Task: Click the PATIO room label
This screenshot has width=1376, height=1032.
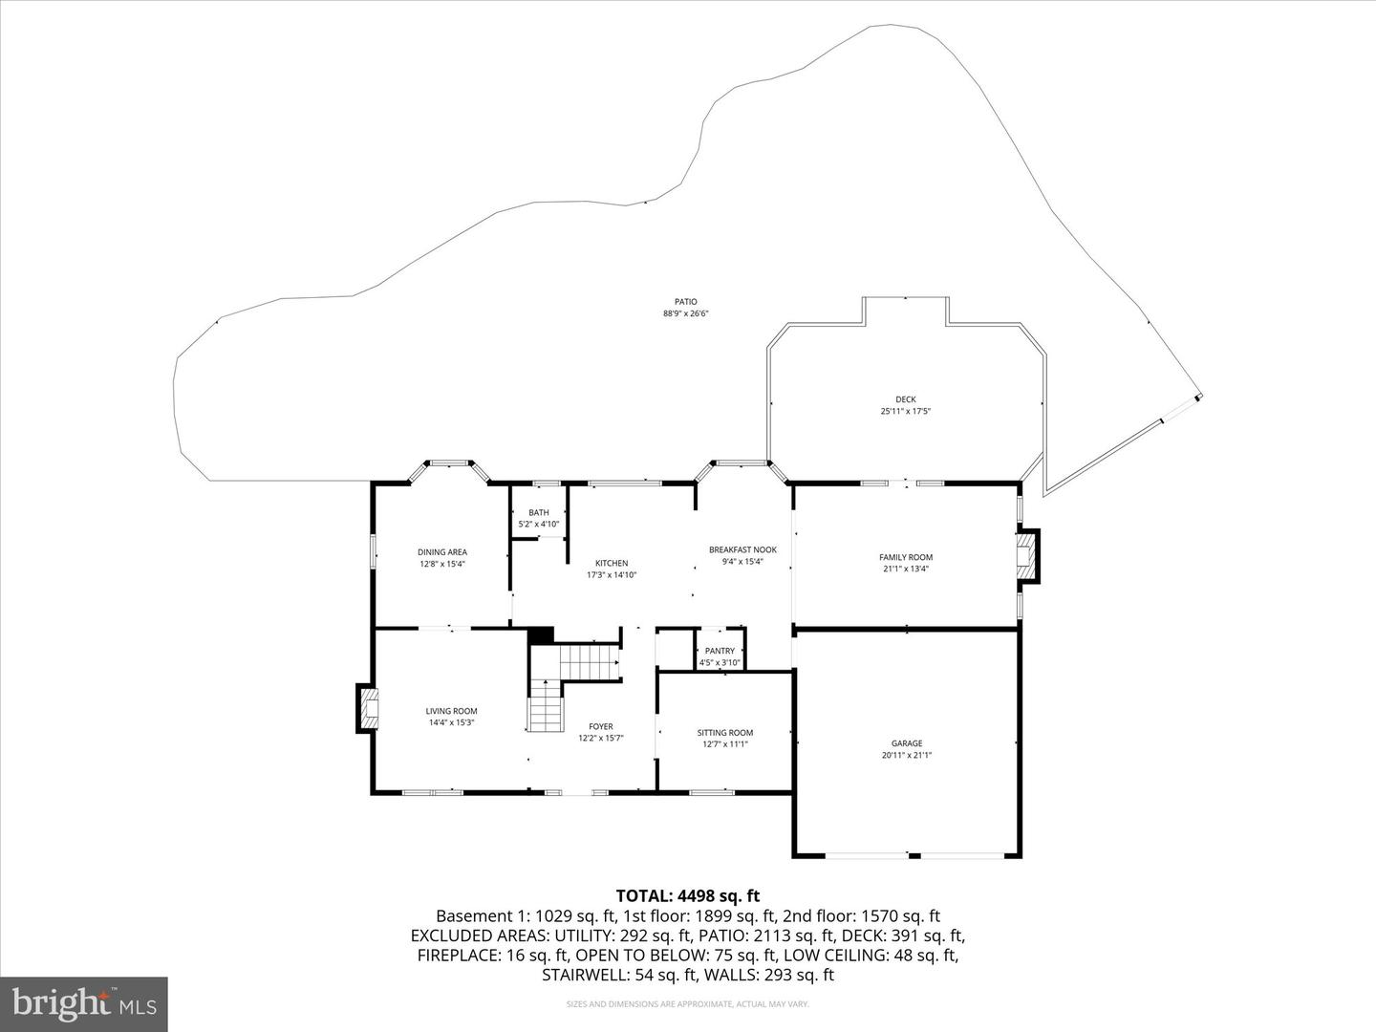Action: (686, 302)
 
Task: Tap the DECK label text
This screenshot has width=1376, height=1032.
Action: (905, 399)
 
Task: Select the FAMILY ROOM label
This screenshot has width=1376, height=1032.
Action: (906, 557)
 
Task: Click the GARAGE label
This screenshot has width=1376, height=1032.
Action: (907, 743)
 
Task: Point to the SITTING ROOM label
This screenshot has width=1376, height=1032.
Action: (725, 733)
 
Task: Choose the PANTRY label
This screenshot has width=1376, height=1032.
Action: (720, 651)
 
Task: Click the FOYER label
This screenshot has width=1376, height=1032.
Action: (601, 726)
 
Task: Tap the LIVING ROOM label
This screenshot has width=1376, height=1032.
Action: (451, 711)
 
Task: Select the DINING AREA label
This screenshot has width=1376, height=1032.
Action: (441, 552)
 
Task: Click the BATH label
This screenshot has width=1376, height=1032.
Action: (539, 513)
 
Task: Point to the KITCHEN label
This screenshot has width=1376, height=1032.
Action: (612, 564)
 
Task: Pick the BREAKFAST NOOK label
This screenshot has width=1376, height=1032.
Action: (742, 550)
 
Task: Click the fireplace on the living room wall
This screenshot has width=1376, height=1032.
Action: (369, 708)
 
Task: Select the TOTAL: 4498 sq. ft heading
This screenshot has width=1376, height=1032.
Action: (687, 895)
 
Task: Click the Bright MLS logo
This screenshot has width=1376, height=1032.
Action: (84, 1003)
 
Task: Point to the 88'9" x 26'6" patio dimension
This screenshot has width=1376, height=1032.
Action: (686, 314)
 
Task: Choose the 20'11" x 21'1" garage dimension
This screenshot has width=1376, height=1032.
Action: (907, 756)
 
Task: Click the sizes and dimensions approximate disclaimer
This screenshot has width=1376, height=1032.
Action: (687, 1004)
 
